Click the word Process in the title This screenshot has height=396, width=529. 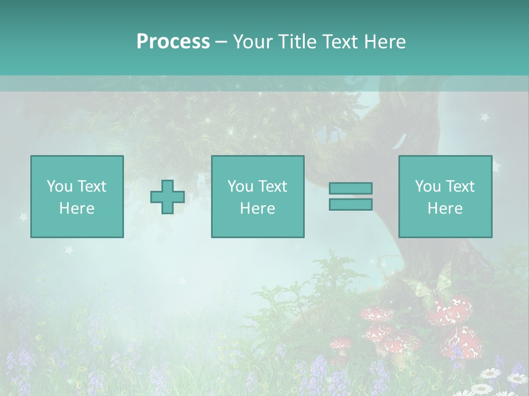(x=173, y=42)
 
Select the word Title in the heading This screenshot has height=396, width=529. (x=298, y=42)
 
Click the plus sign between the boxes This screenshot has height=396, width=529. (x=168, y=197)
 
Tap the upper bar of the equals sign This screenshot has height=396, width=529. (x=350, y=188)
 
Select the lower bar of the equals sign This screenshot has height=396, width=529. (x=350, y=205)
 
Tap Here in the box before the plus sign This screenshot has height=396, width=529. (x=77, y=208)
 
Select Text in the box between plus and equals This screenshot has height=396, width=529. (x=274, y=186)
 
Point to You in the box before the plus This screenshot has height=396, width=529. (x=59, y=186)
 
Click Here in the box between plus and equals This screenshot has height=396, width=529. (x=257, y=208)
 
